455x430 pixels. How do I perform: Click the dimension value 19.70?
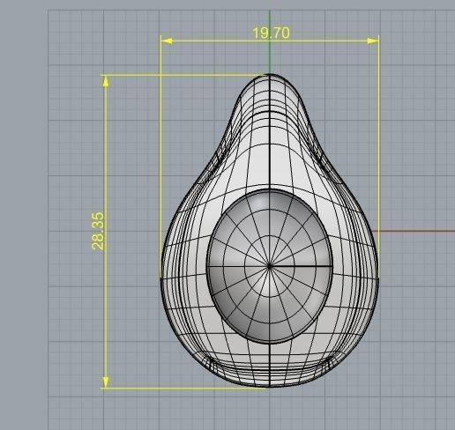[x=271, y=33]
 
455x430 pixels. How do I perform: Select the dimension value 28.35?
[x=98, y=230]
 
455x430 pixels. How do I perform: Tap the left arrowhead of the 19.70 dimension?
[x=165, y=41]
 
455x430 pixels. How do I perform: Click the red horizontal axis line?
[x=414, y=232]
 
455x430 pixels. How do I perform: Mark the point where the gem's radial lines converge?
[x=270, y=264]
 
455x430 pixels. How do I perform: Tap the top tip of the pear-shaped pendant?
[x=270, y=75]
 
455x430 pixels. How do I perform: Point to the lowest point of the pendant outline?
[x=270, y=387]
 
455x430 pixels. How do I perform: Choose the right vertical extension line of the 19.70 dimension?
[x=378, y=132]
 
